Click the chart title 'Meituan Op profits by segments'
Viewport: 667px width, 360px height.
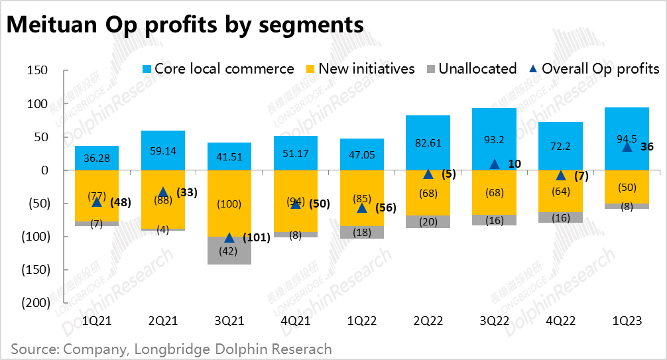point(185,25)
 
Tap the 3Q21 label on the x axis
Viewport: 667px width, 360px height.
point(229,321)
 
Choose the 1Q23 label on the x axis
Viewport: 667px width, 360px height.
point(627,321)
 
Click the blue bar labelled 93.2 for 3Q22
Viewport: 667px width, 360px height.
point(494,139)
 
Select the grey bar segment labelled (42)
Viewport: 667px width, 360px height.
point(229,251)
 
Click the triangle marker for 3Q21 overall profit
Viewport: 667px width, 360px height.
point(229,238)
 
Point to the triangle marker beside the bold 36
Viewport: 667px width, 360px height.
point(627,147)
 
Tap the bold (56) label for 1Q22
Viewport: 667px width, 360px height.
point(387,208)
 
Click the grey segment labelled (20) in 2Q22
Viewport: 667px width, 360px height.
point(428,222)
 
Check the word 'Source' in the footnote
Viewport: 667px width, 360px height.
point(33,349)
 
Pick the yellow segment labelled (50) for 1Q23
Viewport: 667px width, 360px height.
point(627,187)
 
